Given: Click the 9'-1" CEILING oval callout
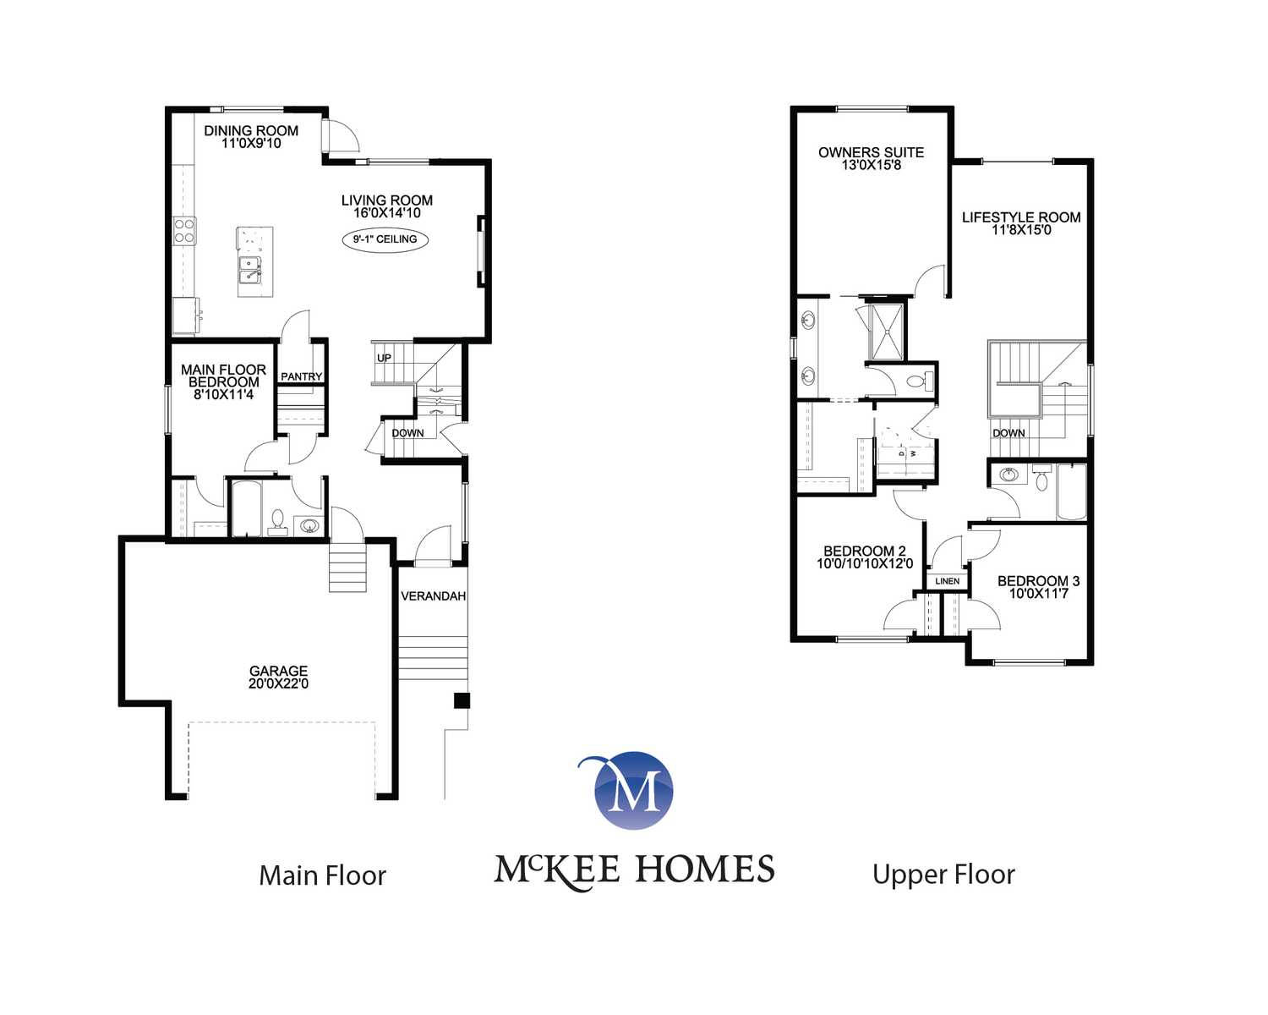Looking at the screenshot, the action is coord(385,239).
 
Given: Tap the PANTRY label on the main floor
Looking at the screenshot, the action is coord(301,377).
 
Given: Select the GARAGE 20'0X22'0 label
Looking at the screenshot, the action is coord(278,677).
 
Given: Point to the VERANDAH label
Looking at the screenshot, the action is coord(433,596).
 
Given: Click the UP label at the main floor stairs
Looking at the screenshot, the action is coord(384,358).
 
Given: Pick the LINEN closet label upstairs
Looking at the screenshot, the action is coord(948,581).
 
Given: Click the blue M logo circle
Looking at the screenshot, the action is coord(634,790).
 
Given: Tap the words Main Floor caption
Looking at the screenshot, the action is coord(322,875).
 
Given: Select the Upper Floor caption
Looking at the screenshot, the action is coord(943,875).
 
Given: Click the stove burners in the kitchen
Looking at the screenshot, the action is coord(184,231).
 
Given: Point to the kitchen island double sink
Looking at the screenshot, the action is coord(250,271).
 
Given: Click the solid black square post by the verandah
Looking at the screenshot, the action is coord(462,700).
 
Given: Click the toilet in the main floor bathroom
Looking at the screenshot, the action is coord(276,523).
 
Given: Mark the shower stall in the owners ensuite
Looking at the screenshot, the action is coord(886,332).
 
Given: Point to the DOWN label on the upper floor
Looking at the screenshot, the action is coord(1008,433).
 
